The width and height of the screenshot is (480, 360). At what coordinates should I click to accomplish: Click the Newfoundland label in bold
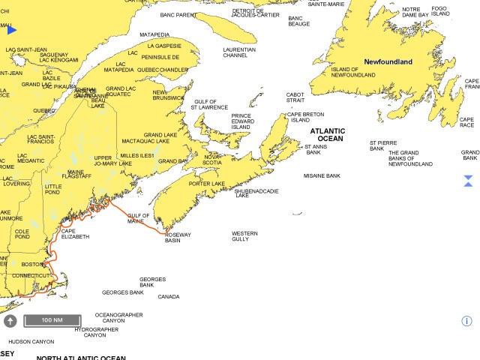[388, 61]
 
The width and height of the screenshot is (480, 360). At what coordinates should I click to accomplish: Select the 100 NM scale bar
[52, 320]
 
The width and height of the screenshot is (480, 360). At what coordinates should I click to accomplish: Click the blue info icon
[466, 321]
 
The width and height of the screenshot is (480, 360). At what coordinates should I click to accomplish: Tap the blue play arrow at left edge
[11, 30]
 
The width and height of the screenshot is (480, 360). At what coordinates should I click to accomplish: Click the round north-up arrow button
[10, 321]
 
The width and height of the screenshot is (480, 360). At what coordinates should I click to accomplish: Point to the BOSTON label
[32, 265]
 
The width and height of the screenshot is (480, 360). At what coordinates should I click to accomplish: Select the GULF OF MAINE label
[136, 218]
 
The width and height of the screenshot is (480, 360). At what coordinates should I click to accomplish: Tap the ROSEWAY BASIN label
[178, 238]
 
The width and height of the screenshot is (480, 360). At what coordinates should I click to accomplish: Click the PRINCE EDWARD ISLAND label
[241, 121]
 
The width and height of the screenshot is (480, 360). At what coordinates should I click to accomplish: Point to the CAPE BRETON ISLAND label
[300, 117]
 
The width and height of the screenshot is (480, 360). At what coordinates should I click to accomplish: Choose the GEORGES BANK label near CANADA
[152, 282]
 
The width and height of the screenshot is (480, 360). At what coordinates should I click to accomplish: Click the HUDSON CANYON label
[31, 341]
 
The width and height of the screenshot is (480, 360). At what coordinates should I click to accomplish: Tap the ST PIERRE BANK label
[382, 145]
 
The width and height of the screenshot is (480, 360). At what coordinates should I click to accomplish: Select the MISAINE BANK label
[322, 175]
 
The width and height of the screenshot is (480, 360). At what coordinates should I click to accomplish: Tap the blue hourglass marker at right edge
[467, 181]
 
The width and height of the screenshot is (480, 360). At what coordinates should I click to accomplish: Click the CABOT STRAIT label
[295, 97]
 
